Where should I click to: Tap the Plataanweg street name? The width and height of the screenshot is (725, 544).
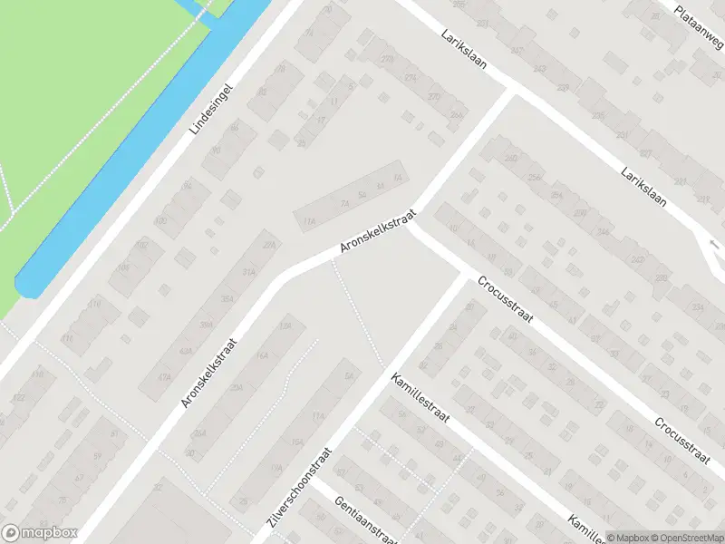tap(699, 24)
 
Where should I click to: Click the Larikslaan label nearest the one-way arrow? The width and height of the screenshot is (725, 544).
tap(645, 187)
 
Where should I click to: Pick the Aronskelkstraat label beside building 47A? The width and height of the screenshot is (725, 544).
tap(209, 372)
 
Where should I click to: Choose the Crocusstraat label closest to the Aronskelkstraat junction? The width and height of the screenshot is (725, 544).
tap(502, 299)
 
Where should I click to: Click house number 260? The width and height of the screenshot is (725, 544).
tap(510, 159)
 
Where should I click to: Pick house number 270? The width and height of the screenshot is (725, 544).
tap(388, 59)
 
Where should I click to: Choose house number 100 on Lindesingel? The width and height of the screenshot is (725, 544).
tap(161, 220)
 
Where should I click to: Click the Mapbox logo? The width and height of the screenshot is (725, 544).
tap(40, 533)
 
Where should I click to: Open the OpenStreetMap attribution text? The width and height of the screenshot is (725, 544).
tap(684, 537)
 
